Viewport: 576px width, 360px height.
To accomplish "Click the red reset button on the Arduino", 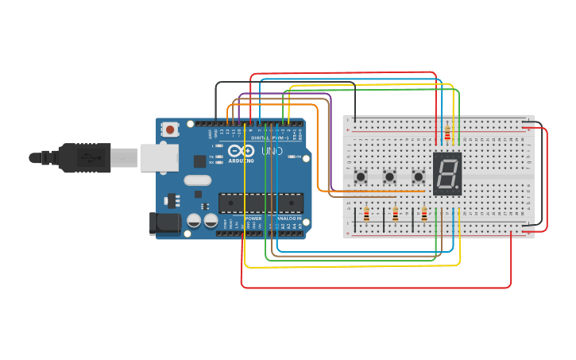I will click(170, 129).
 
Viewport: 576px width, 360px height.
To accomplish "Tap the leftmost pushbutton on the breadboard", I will click(361, 176).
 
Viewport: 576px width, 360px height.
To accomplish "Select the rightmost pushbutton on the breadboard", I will click(418, 176).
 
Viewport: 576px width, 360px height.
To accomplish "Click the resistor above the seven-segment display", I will click(447, 133).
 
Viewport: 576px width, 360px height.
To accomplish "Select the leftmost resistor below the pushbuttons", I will click(366, 214).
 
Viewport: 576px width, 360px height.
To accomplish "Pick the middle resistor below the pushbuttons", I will click(396, 214).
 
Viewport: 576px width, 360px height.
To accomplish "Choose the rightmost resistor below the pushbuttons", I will click(424, 214).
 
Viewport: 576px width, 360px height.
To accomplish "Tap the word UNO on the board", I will click(272, 150).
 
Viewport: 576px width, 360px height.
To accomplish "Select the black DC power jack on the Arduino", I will click(165, 223).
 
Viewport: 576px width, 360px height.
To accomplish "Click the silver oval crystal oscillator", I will click(198, 180).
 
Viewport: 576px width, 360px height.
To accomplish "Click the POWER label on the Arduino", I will click(253, 218).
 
